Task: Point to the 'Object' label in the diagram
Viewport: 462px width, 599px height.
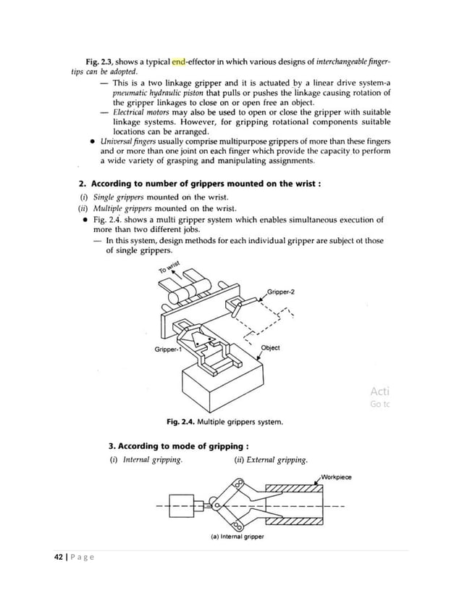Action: tap(270, 347)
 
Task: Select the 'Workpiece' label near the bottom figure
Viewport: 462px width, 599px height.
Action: tap(335, 477)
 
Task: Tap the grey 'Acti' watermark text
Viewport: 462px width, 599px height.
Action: tap(379, 391)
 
